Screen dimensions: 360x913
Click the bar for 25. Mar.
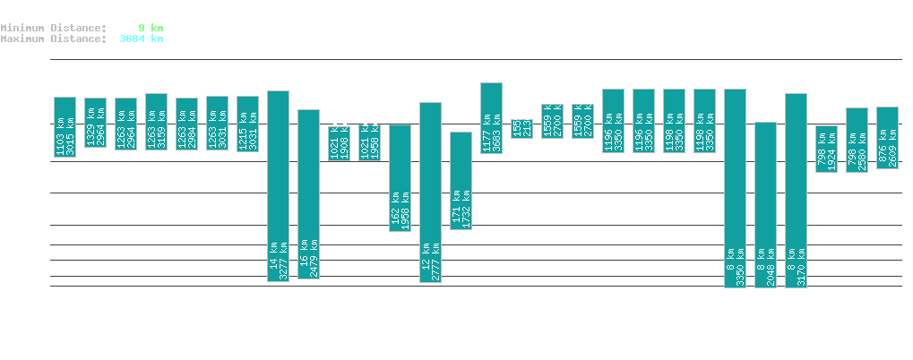point(278,186)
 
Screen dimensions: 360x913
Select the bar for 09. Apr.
point(735,188)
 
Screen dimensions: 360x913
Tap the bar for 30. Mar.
point(430,193)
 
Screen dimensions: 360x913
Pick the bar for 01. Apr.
point(491,118)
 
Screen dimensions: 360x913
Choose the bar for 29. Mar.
point(400,178)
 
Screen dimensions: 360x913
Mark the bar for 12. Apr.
point(826,149)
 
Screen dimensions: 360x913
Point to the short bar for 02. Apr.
point(521,128)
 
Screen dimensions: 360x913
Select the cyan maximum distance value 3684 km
point(142,39)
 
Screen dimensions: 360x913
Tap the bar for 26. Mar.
point(308,194)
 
